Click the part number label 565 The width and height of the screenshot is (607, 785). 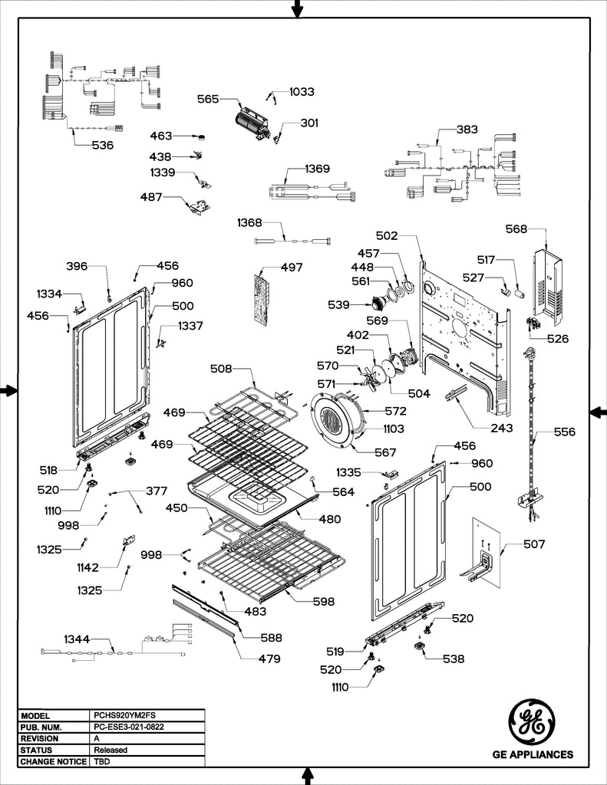(208, 99)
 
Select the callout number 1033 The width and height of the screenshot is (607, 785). (302, 91)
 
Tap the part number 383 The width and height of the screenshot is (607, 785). (467, 130)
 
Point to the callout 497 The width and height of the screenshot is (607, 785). (291, 268)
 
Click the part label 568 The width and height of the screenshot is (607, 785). (516, 228)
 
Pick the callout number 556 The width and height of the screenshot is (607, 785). (564, 432)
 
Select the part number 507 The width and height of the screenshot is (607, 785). (534, 544)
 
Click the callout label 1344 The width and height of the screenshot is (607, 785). (77, 639)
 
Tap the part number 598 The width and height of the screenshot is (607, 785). (322, 602)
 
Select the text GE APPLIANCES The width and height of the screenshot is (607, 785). (532, 755)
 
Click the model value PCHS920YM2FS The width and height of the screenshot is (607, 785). (119, 714)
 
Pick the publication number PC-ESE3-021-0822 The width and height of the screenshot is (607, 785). (128, 726)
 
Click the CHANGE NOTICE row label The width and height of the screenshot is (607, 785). (54, 762)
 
